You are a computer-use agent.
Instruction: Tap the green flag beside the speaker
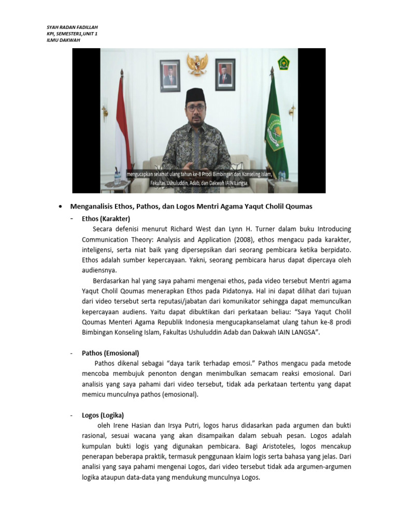click(276, 124)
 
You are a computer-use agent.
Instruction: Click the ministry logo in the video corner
click(284, 63)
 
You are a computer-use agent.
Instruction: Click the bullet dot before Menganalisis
click(61, 207)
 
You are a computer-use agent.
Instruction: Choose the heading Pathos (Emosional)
click(110, 353)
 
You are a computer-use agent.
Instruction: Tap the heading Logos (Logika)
click(103, 415)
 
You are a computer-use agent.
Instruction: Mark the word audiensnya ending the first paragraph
click(99, 270)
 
